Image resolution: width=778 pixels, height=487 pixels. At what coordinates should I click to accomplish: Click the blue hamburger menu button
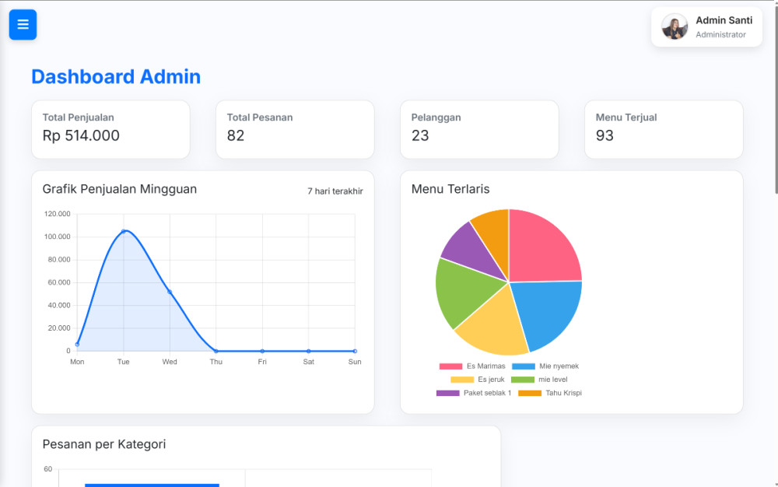23,24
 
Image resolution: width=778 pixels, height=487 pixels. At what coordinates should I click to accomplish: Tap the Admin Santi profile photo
675,26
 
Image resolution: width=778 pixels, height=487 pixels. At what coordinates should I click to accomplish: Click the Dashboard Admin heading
116,76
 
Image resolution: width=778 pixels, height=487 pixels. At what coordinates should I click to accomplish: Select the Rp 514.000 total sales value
81,135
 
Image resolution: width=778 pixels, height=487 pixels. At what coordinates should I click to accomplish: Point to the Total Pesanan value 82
236,135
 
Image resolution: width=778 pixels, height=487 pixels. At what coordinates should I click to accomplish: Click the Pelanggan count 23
420,135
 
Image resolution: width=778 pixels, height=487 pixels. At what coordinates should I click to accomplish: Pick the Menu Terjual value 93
605,135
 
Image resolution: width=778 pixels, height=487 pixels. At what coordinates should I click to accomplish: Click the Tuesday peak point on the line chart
123,231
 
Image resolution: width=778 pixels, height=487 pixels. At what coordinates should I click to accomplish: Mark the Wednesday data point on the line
170,292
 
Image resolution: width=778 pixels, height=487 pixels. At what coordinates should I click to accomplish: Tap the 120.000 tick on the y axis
58,214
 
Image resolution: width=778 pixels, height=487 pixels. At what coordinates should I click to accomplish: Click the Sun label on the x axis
355,362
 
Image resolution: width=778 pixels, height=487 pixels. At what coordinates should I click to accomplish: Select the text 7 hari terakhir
335,191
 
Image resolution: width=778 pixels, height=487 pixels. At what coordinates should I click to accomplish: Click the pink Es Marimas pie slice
545,249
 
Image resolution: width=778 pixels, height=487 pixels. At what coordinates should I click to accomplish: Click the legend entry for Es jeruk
478,380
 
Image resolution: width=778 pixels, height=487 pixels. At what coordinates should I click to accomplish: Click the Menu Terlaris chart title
450,189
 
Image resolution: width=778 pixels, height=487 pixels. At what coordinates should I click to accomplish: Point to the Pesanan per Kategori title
103,444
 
